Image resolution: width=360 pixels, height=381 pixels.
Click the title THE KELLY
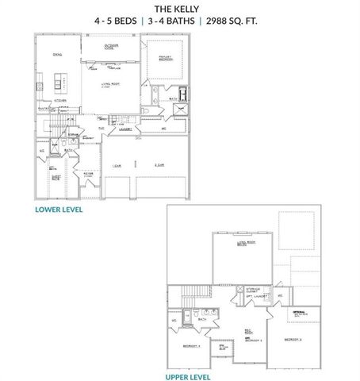[x=179, y=10]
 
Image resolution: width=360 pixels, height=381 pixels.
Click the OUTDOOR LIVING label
[x=115, y=48]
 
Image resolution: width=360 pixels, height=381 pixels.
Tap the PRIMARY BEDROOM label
[x=166, y=60]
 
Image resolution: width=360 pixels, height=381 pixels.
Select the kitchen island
[x=58, y=81]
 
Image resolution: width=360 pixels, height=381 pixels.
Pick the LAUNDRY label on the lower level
[x=125, y=129]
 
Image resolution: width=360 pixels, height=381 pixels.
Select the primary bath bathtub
[x=183, y=94]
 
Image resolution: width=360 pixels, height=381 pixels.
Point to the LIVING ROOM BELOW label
[x=242, y=245]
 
